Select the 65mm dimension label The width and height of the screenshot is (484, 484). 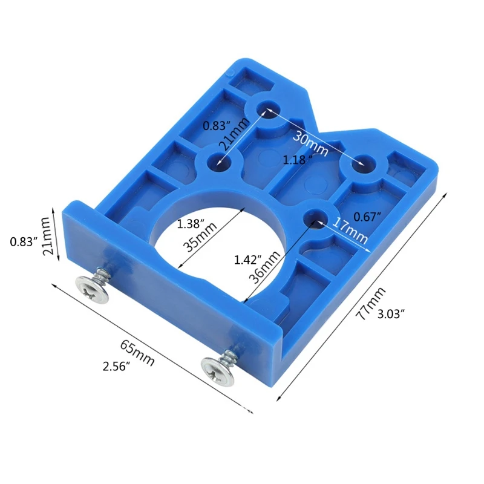click(137, 353)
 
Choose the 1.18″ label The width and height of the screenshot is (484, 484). click(298, 160)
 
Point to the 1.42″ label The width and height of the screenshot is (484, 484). click(246, 260)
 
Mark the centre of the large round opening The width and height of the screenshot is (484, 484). click(218, 239)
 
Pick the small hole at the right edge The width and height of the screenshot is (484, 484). click(363, 163)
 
